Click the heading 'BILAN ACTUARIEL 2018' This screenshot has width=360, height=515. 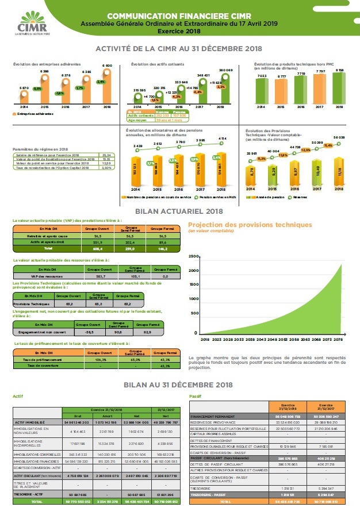[x=180, y=212]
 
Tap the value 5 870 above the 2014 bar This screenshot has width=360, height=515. [x=23, y=87]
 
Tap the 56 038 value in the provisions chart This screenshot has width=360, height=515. [x=338, y=138]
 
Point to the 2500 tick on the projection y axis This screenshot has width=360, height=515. [x=194, y=255]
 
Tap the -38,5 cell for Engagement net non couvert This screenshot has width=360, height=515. [x=89, y=332]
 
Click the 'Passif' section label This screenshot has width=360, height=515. [x=196, y=397]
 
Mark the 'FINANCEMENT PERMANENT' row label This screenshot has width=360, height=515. [x=212, y=416]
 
